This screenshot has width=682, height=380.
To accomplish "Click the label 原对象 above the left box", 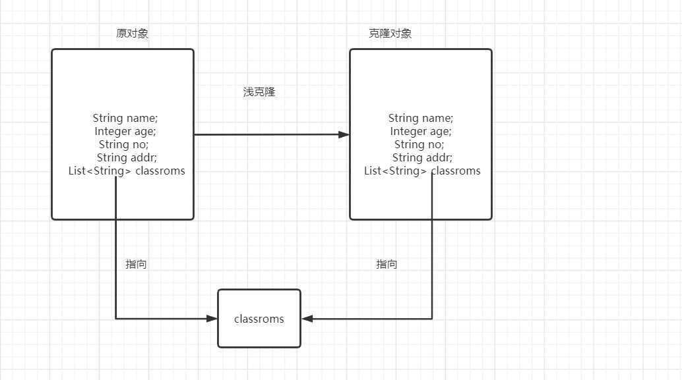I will point(132,34).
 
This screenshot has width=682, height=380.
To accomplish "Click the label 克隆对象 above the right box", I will point(390,34).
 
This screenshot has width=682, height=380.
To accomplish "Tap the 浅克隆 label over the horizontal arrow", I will point(259,92).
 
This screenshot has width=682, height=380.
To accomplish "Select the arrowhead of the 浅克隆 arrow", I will point(344,134).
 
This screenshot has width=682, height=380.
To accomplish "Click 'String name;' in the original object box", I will point(125,118).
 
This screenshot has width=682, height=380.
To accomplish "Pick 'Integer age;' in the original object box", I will point(125,131).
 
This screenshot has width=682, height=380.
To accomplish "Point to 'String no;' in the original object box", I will point(123,144).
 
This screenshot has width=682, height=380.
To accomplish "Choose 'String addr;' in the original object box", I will point(127,157).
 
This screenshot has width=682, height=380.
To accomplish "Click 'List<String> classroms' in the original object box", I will point(127,171).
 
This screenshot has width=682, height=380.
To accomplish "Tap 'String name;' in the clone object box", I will point(421,118).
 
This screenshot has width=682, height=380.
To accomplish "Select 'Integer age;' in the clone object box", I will point(421,131).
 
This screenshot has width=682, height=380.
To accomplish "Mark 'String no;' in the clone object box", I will point(419,144).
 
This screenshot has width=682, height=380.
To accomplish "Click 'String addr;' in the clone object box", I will point(422,157).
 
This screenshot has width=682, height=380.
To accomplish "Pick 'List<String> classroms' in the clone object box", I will point(422,171).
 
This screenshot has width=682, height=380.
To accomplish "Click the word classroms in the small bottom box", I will point(259,319).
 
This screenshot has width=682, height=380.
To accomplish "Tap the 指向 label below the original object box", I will point(136,264).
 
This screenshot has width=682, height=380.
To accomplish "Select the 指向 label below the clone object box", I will point(387,264).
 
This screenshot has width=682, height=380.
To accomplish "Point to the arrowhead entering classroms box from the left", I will point(212,319).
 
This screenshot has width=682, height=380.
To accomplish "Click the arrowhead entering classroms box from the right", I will point(307,319).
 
